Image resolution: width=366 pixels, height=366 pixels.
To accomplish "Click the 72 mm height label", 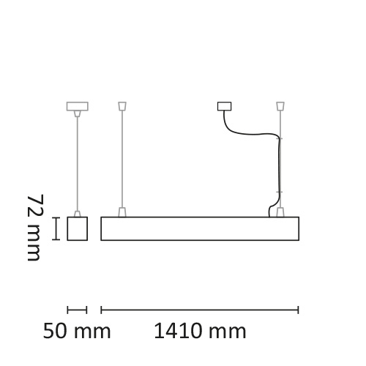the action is [36, 228].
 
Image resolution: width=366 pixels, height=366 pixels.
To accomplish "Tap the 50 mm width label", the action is [77, 331].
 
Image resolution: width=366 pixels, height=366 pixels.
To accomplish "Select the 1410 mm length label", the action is [200, 331].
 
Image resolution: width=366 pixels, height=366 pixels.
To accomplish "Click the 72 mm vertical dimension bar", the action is [56, 228].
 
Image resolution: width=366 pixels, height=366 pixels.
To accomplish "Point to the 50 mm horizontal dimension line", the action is [77, 310].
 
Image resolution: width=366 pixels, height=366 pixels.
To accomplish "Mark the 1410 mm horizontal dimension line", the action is [200, 310].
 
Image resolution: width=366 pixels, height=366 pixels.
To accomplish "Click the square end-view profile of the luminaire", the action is [78, 228].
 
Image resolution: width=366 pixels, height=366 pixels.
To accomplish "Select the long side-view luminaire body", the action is [200, 228].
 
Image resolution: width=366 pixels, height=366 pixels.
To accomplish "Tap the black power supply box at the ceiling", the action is [225, 106].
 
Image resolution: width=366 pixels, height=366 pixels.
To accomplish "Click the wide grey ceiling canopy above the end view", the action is [78, 106].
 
